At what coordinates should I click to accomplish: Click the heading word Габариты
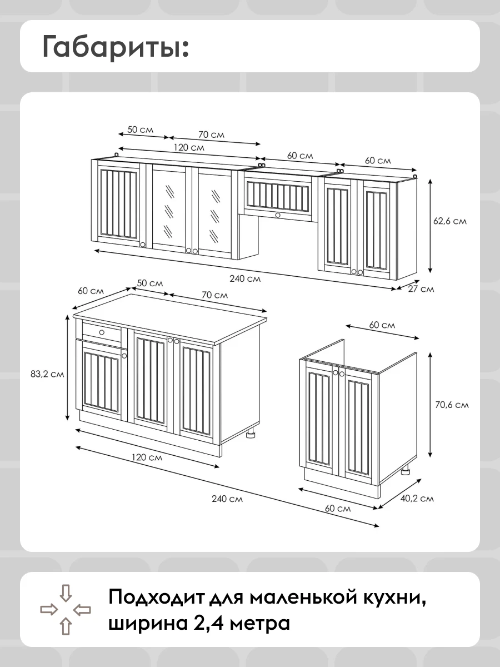(116, 47)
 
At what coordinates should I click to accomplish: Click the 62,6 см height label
(449, 221)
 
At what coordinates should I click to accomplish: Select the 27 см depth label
(421, 288)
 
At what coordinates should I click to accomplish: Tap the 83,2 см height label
(47, 374)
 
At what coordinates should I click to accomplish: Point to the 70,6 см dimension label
(452, 405)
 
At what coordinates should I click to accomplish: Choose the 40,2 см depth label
(417, 499)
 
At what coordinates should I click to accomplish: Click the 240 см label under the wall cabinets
(245, 278)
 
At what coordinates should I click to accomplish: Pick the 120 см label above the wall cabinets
(189, 148)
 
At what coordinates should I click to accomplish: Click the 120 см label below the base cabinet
(147, 457)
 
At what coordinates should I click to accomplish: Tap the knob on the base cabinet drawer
(102, 332)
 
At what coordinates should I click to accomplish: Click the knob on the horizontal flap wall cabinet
(278, 215)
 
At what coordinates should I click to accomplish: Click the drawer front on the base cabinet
(102, 332)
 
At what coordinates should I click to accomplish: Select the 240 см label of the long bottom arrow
(227, 499)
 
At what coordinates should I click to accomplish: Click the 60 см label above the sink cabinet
(382, 325)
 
